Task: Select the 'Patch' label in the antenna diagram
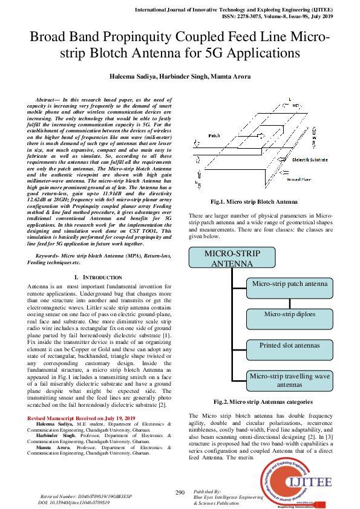[x=215, y=136]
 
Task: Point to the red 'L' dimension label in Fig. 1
[x=290, y=99]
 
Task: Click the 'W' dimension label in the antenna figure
[x=315, y=137]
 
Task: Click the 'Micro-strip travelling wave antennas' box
[x=289, y=380]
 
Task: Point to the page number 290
[x=180, y=493]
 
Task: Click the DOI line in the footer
[x=73, y=502]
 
